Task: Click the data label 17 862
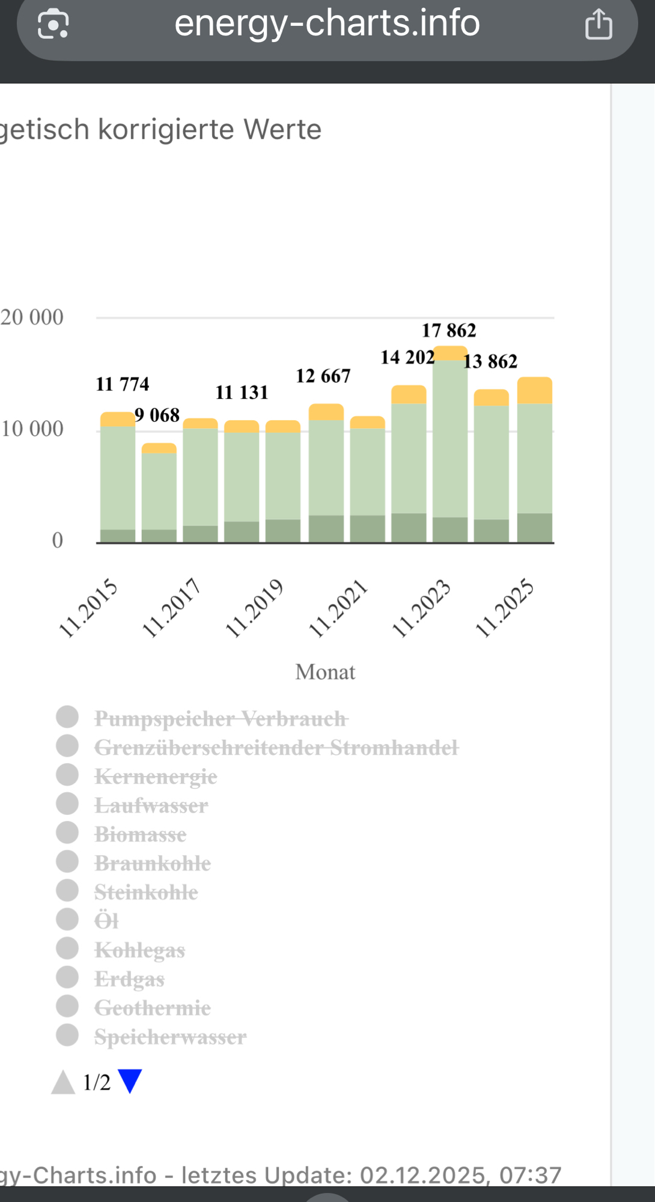point(449,331)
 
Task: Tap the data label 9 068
point(157,415)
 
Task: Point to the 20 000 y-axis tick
point(32,317)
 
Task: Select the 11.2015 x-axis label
point(88,608)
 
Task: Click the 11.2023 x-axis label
point(421,608)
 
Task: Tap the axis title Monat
point(325,672)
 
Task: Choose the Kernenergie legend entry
point(156,776)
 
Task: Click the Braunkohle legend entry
point(153,864)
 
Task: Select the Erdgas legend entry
point(129,979)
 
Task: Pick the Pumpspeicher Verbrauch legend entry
point(221,719)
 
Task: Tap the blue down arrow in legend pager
point(130,1081)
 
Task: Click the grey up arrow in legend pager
point(63,1082)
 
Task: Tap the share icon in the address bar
point(599,25)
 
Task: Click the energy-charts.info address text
point(327,23)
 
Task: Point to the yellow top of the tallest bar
point(450,353)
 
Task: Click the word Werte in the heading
point(282,130)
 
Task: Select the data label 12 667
point(323,376)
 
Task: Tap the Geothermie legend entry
point(152,1008)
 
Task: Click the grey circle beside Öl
point(67,920)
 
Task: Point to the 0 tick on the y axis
point(57,540)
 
